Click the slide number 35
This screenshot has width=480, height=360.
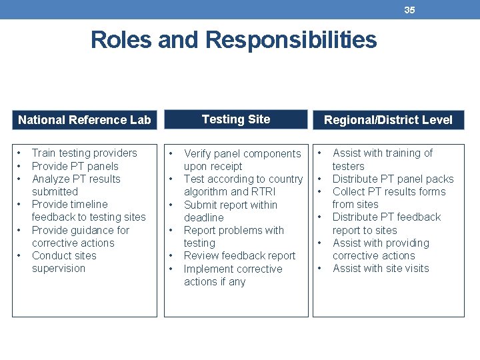point(409,9)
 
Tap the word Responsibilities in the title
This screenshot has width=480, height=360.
point(291,40)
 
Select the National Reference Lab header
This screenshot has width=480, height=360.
point(85,120)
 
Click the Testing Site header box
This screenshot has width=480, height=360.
point(236,119)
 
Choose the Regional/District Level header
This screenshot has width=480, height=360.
point(388,120)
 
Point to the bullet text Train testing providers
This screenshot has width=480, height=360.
point(84,153)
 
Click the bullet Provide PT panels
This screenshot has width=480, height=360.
point(75,166)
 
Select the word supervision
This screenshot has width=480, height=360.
point(59,269)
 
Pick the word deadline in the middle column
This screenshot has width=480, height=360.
point(204,218)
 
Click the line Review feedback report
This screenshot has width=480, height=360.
point(239,256)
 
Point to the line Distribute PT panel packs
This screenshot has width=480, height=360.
point(393,179)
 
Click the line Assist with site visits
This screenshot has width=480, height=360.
point(381,269)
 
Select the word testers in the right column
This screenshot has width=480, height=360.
point(349,166)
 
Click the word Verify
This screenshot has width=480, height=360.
point(198,154)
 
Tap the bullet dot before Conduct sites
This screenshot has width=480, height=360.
point(21,256)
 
